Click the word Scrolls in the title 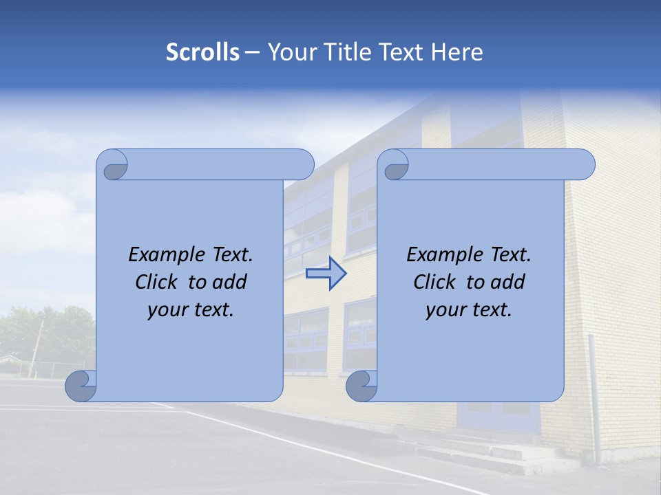[x=202, y=52]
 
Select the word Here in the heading [x=457, y=52]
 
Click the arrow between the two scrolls [x=326, y=274]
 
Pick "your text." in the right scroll [x=469, y=309]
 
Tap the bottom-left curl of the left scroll [x=81, y=385]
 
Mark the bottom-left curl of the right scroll [x=361, y=385]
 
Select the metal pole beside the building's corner [x=594, y=399]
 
